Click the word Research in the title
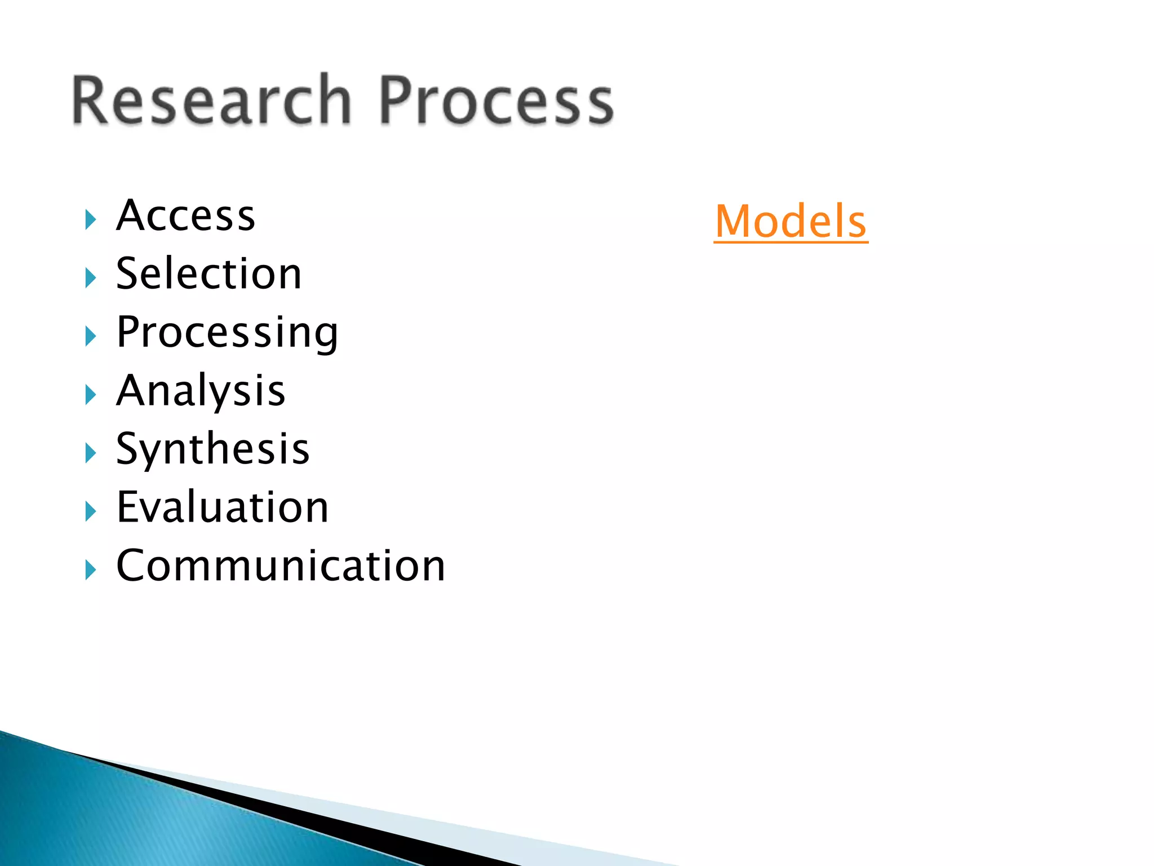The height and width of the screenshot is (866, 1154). point(211,100)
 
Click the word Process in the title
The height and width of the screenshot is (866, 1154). point(496,100)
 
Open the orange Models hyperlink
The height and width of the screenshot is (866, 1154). point(791,222)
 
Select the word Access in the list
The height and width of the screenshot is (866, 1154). point(185,216)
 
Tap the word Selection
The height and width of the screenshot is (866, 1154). point(208,274)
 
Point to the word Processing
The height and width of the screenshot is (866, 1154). point(227,333)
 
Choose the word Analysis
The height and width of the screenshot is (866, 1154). point(201,391)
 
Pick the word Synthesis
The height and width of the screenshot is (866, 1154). point(212,449)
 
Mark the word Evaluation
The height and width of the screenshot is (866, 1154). point(222,507)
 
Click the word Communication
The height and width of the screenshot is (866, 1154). point(281,565)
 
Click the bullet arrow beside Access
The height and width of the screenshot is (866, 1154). point(90,219)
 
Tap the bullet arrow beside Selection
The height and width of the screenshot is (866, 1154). point(90,278)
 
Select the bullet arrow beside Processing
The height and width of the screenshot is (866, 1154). point(90,336)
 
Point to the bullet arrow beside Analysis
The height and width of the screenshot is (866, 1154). point(90,395)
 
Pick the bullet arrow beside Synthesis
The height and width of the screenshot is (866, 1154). point(90,453)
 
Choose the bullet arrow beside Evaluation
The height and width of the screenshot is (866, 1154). point(90,511)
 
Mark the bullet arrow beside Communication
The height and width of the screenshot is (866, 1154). point(90,569)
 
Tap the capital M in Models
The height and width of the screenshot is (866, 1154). point(734,222)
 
